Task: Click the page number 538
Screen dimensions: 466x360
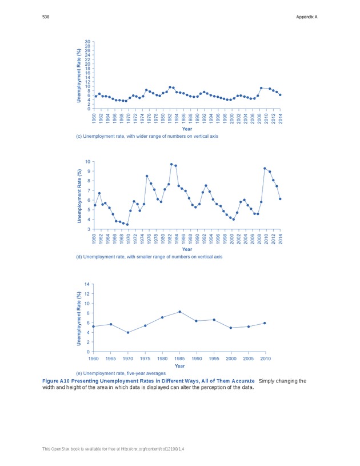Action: tap(46, 17)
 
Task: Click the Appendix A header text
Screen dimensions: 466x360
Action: tap(306, 17)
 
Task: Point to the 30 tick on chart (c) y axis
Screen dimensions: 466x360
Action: tap(87, 42)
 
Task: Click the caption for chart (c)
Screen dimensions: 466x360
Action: tap(147, 137)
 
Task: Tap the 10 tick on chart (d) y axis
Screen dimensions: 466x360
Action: tap(87, 162)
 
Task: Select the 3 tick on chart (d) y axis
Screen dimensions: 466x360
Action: tap(88, 229)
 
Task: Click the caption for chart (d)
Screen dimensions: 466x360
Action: tap(149, 257)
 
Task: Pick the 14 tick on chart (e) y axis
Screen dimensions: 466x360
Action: tap(87, 284)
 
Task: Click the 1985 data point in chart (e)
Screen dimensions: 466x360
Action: tap(179, 312)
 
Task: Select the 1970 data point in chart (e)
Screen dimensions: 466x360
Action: tap(128, 333)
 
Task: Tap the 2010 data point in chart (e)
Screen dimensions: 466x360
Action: tap(265, 323)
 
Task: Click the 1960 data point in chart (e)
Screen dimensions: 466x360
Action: tap(93, 326)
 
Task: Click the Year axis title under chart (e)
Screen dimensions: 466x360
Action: tap(179, 366)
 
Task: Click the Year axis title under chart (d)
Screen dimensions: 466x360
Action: tap(187, 249)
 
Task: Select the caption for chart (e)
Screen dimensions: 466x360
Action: tap(125, 373)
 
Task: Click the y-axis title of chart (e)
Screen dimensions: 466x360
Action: tap(79, 318)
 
